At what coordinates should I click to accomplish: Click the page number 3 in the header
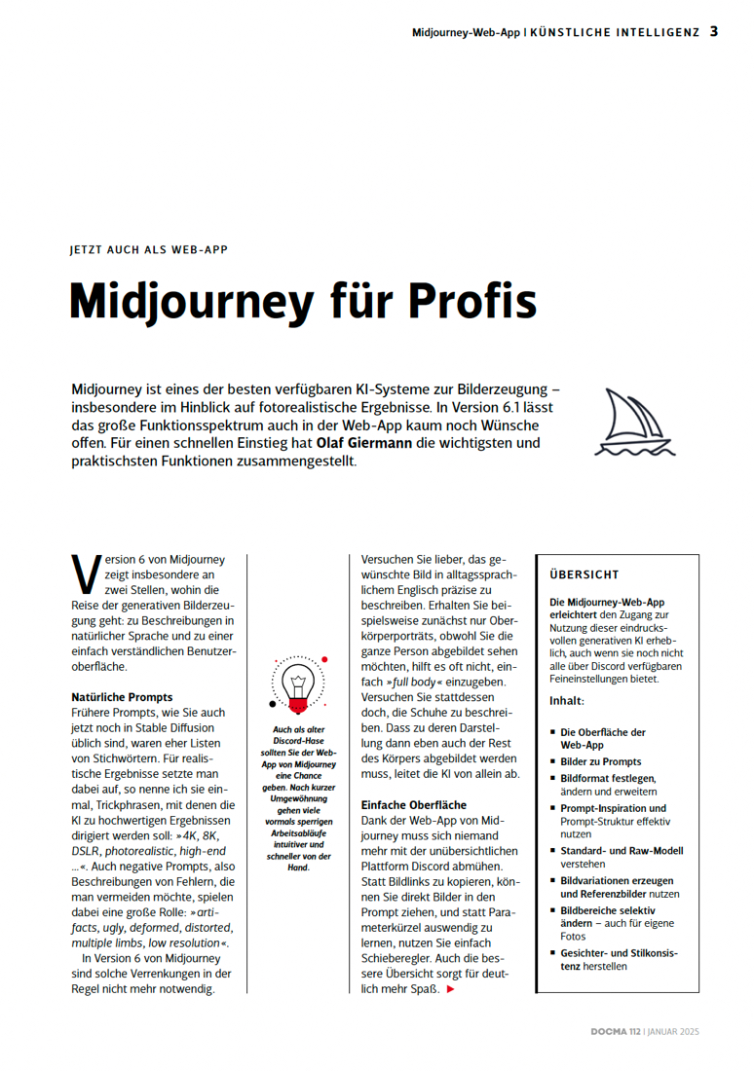click(x=714, y=31)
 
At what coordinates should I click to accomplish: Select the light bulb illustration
click(x=299, y=683)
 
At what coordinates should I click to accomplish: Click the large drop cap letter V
click(x=85, y=574)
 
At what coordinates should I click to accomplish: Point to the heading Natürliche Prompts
click(x=122, y=697)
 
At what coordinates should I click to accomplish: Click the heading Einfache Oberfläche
click(x=414, y=805)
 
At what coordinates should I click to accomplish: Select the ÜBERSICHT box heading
click(x=584, y=574)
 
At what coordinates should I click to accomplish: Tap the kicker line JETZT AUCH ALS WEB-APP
click(x=149, y=249)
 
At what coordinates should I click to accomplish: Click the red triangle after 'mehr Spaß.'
click(x=450, y=990)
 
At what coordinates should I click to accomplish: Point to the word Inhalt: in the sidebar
click(x=567, y=701)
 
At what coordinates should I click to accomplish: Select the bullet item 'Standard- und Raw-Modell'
click(x=621, y=850)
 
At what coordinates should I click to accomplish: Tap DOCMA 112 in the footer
click(x=615, y=1031)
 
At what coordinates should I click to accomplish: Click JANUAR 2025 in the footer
click(x=673, y=1031)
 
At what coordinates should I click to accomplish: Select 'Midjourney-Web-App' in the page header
click(x=467, y=32)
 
